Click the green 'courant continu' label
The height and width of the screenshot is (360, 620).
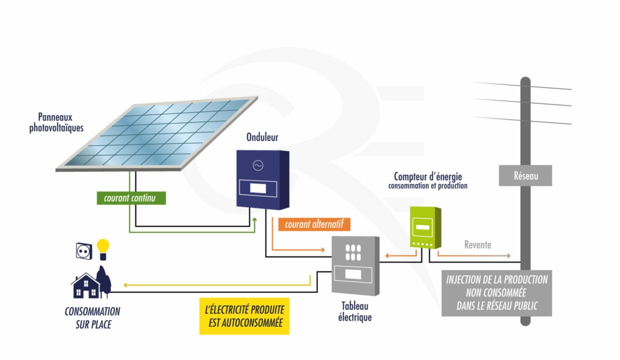(131, 197)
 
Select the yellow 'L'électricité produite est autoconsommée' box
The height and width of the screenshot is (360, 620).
(244, 315)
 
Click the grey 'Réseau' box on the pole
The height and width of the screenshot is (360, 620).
(525, 176)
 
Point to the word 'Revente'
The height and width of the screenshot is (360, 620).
(477, 245)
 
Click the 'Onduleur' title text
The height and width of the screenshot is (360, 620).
(262, 138)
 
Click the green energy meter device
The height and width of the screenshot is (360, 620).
(425, 227)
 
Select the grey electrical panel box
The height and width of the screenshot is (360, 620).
(356, 265)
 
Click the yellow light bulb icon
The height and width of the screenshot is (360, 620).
(104, 249)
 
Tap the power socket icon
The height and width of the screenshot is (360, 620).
(84, 250)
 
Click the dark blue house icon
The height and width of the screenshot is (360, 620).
(87, 286)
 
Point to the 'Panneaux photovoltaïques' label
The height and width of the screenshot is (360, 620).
(57, 123)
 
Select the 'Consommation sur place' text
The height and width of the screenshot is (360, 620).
(92, 318)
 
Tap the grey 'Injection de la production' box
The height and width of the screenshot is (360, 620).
(497, 293)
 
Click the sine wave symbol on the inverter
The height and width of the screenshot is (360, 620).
(258, 165)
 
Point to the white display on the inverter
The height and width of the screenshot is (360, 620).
(258, 188)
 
